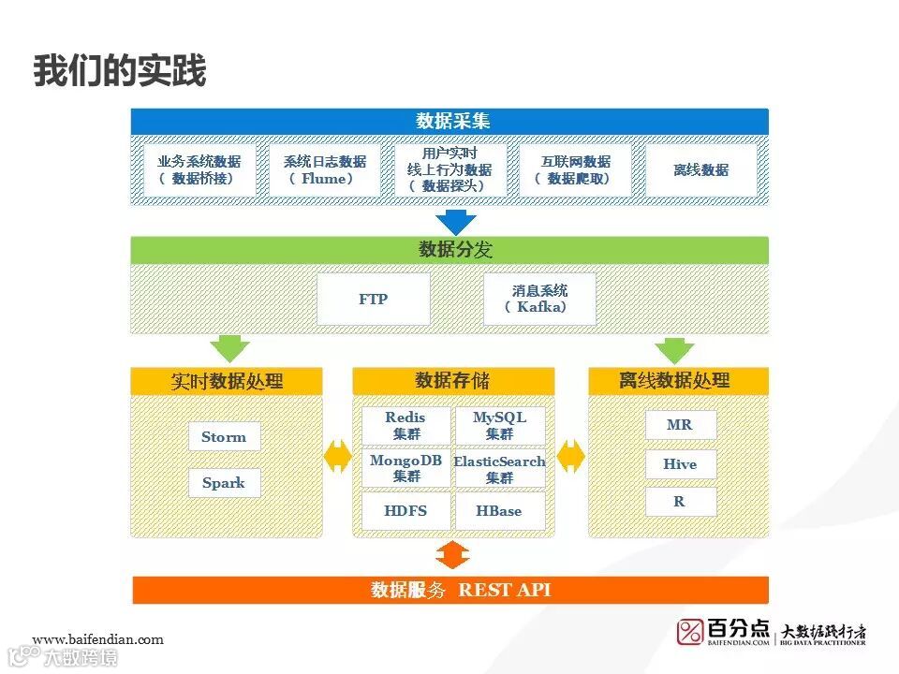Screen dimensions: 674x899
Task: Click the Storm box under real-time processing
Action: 224,437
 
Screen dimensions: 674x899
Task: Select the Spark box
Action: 224,483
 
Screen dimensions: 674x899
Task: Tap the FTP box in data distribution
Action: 373,300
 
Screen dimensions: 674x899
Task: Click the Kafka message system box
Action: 538,300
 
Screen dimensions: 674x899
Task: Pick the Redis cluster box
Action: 405,426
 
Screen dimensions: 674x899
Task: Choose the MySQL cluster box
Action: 499,426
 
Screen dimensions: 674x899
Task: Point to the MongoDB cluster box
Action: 405,468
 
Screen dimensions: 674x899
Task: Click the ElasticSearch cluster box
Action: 499,468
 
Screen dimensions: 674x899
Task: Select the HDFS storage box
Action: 405,511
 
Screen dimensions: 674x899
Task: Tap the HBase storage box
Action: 499,511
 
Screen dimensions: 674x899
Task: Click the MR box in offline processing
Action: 680,425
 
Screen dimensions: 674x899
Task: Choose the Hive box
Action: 680,464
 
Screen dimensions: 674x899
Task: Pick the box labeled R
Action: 680,502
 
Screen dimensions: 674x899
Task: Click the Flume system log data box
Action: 325,170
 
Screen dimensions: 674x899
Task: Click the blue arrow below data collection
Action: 457,222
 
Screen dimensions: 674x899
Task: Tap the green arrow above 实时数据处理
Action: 229,348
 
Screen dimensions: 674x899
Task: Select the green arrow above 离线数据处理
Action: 673,348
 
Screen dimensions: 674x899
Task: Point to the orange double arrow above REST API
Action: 452,554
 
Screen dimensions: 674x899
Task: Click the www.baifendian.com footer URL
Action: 98,640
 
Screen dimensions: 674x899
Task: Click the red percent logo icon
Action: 691,631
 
